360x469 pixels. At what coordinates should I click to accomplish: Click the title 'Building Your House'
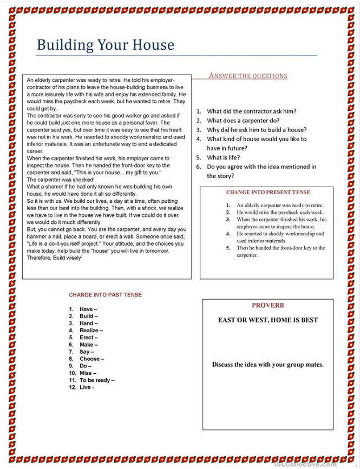click(106, 44)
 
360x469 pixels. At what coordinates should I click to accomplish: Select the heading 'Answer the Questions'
click(248, 76)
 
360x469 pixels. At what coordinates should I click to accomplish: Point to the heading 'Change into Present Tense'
click(268, 192)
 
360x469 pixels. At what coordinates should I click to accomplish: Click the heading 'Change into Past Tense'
click(105, 295)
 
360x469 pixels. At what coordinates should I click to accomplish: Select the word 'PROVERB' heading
click(267, 306)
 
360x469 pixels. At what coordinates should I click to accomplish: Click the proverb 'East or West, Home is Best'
click(267, 320)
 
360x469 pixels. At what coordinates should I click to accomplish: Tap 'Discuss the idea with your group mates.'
click(267, 364)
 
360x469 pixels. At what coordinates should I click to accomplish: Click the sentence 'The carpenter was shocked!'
click(61, 180)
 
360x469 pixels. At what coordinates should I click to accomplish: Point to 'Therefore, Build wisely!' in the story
click(55, 257)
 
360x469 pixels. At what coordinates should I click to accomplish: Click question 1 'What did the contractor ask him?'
click(251, 111)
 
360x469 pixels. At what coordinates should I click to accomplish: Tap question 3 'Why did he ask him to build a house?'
click(256, 130)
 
